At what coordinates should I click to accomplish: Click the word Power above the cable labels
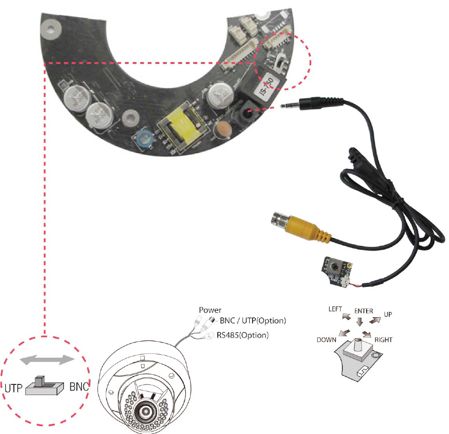click(x=210, y=310)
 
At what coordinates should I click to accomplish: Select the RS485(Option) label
click(x=242, y=335)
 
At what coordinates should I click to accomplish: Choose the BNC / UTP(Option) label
click(x=253, y=321)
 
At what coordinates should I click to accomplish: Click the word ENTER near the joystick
click(x=364, y=311)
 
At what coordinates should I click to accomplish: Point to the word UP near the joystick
click(x=389, y=314)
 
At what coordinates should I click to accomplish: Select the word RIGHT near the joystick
click(x=383, y=340)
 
